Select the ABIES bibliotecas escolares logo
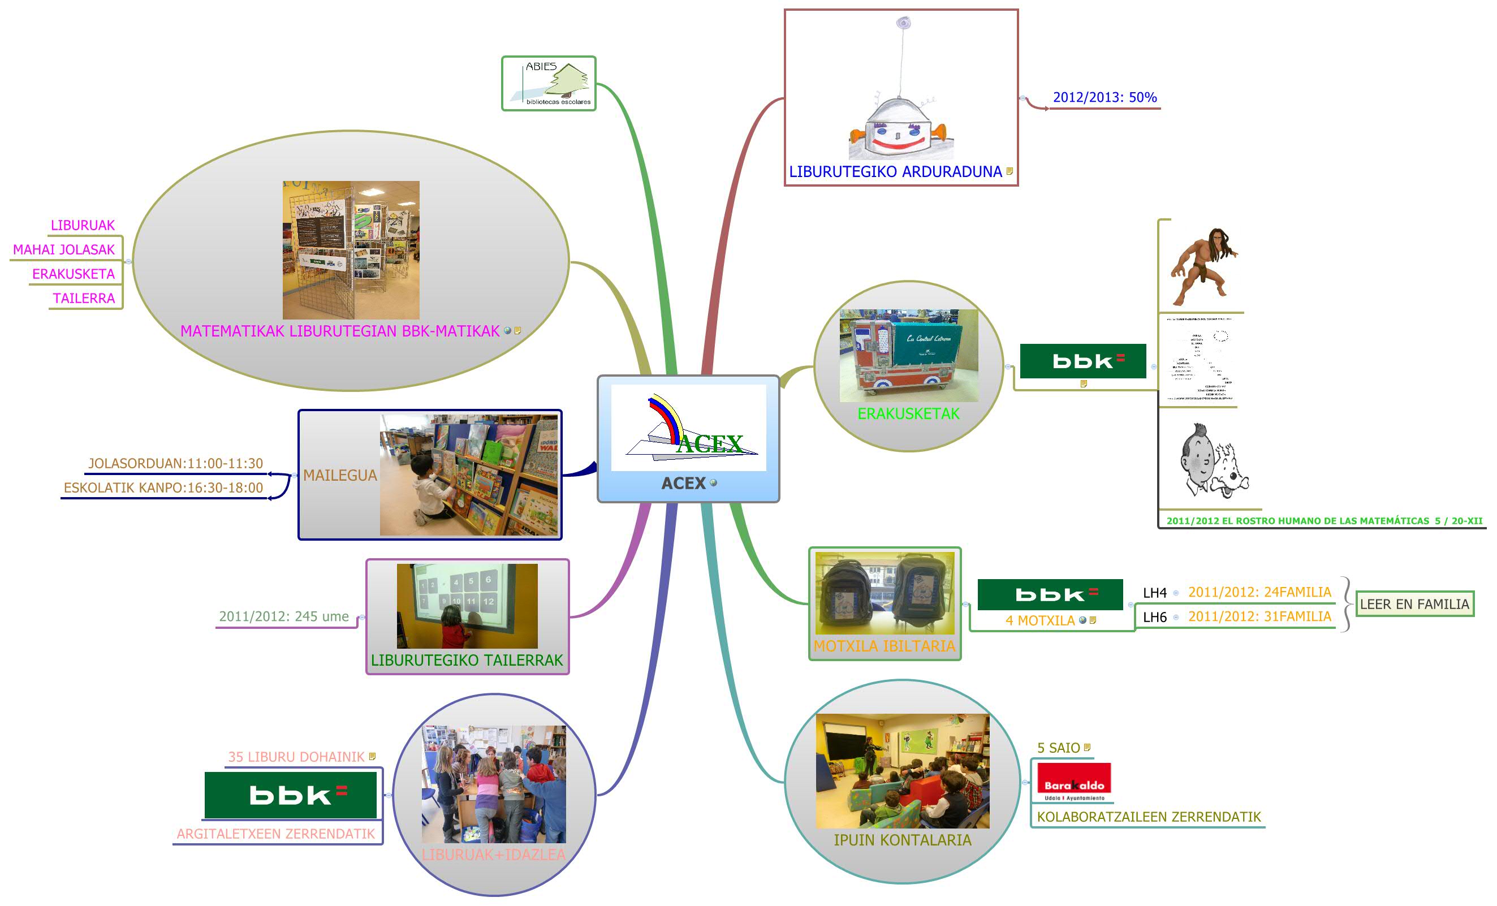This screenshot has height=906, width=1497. pyautogui.click(x=549, y=84)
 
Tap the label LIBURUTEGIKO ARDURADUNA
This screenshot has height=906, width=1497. pyautogui.click(x=895, y=172)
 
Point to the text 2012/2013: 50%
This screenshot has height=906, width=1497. pyautogui.click(x=1105, y=97)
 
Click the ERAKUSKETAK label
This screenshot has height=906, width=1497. pyautogui.click(x=908, y=414)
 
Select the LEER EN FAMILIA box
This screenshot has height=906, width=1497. pyautogui.click(x=1414, y=604)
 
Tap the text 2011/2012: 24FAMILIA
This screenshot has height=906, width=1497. pyautogui.click(x=1259, y=592)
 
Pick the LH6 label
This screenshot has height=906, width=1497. pyautogui.click(x=1154, y=618)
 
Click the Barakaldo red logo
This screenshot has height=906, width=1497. pyautogui.click(x=1074, y=782)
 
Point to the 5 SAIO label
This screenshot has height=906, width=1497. pyautogui.click(x=1058, y=748)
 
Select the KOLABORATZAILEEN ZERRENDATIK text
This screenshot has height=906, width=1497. pyautogui.click(x=1148, y=817)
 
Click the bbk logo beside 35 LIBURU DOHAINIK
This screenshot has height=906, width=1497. pyautogui.click(x=291, y=795)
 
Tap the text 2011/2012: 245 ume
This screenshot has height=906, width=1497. pyautogui.click(x=284, y=616)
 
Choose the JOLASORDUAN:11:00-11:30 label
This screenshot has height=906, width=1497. pyautogui.click(x=175, y=464)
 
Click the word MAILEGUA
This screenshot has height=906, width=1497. pyautogui.click(x=340, y=475)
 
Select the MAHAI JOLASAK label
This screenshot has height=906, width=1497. pyautogui.click(x=64, y=250)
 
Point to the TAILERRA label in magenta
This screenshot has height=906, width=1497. pyautogui.click(x=84, y=299)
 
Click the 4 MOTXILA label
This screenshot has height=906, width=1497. pyautogui.click(x=1040, y=620)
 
